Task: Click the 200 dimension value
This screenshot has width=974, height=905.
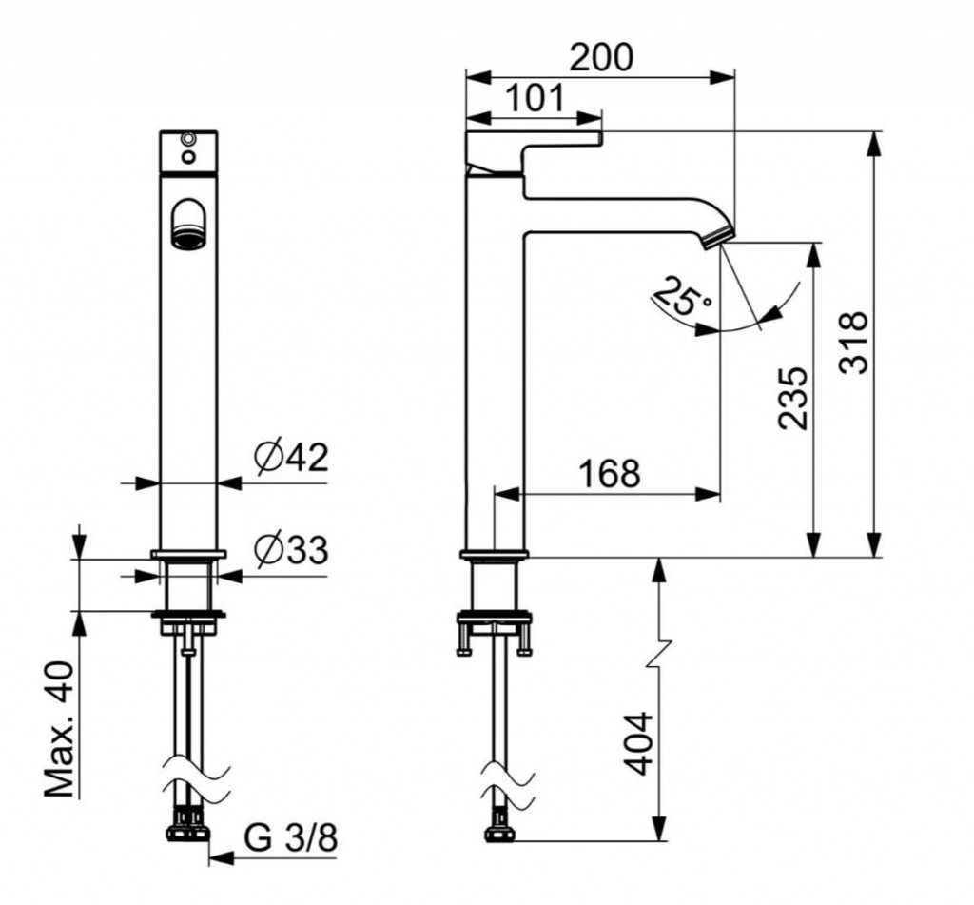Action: [601, 57]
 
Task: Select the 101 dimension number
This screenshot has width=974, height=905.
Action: [535, 98]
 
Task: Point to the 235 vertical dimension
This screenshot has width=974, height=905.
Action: [794, 399]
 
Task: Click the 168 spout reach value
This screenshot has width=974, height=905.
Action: [609, 473]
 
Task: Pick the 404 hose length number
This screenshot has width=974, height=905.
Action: [638, 744]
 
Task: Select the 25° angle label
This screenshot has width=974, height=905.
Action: [683, 297]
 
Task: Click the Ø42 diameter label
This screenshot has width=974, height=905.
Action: [290, 458]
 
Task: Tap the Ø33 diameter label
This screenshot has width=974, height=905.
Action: [290, 551]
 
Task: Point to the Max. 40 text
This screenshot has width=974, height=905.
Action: [60, 729]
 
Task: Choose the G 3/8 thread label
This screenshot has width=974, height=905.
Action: [290, 838]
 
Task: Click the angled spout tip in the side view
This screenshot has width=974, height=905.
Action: [718, 239]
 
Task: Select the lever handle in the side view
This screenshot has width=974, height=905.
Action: [535, 149]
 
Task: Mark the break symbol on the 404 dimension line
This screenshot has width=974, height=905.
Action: [660, 653]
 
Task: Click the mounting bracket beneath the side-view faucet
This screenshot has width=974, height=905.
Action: [495, 630]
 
